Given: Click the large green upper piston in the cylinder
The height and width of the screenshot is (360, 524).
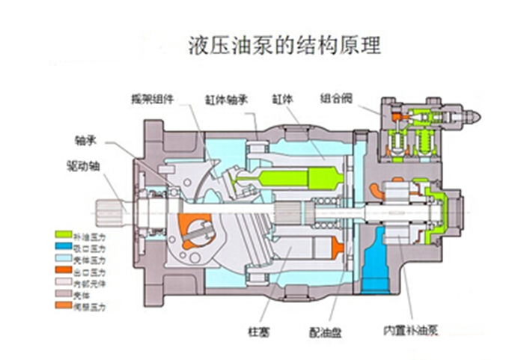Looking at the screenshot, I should [x=299, y=180].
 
